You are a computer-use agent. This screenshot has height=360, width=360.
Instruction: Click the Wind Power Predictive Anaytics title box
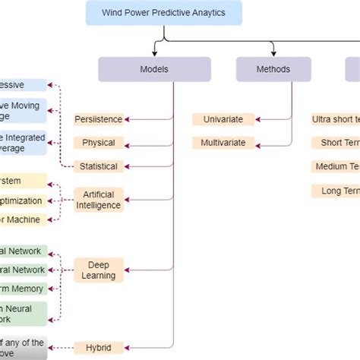163,13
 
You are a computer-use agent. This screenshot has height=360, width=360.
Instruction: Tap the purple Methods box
273,69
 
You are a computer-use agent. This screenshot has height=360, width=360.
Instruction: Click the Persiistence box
98,119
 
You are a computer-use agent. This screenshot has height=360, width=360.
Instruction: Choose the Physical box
98,142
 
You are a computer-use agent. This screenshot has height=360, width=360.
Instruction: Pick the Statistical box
98,166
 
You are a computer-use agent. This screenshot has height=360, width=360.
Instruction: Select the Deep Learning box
98,270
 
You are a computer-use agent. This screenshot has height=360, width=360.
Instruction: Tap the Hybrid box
98,347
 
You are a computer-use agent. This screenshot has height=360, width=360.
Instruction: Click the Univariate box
218,119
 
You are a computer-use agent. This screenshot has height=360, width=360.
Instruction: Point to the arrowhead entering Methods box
274,53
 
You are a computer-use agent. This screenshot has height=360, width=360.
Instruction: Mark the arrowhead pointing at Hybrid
126,347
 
